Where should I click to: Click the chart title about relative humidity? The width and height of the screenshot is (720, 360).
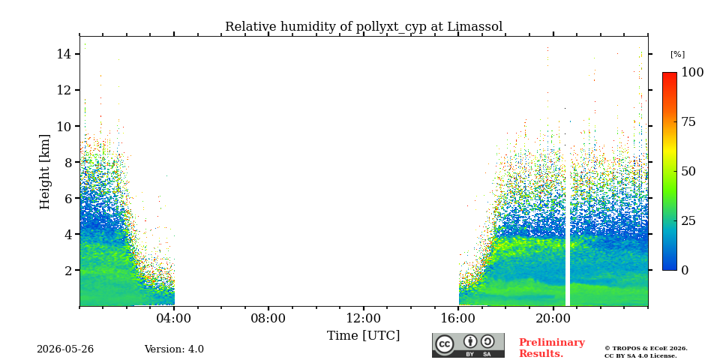(364, 27)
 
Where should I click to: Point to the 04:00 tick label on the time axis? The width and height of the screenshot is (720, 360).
(174, 318)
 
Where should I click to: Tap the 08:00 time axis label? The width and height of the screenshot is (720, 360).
(268, 318)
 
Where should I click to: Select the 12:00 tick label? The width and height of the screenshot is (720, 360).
(364, 318)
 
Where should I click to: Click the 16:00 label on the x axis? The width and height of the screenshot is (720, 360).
(458, 318)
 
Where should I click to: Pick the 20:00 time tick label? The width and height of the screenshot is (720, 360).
(553, 318)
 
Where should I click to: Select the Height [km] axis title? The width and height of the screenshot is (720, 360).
(44, 172)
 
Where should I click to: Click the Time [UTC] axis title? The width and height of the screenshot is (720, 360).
(363, 336)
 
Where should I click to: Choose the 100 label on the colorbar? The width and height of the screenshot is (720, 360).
(692, 72)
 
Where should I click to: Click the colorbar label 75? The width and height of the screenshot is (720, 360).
(688, 121)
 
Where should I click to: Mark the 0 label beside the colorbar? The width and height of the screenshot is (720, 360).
(685, 270)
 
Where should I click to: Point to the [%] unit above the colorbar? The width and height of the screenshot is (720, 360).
(678, 55)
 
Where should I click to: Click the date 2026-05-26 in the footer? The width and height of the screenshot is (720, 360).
(65, 349)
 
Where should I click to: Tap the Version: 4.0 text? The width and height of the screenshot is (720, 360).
(174, 349)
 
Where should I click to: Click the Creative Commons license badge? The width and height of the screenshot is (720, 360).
(468, 345)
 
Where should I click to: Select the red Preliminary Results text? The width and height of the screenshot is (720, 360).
(552, 348)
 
